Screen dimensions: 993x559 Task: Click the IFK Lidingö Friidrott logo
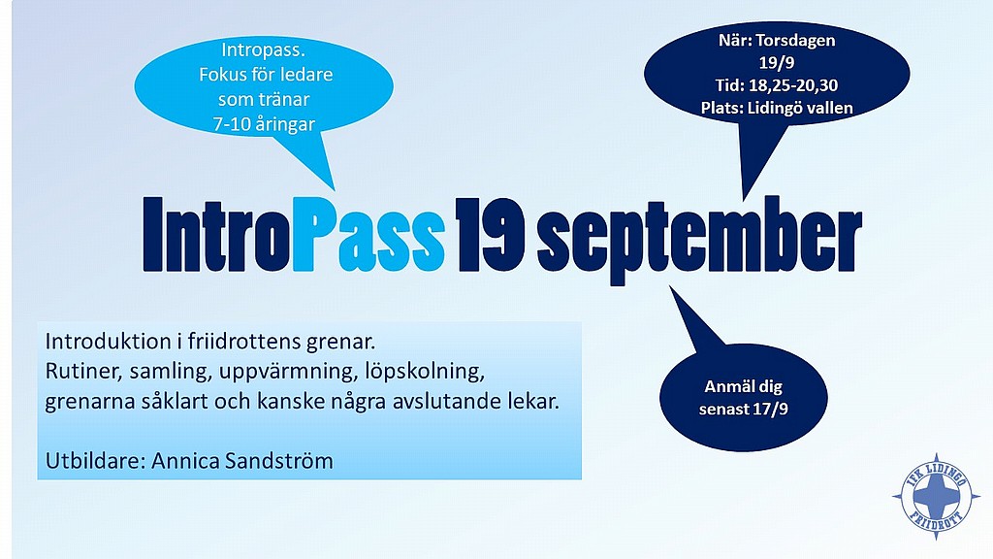tap(936, 496)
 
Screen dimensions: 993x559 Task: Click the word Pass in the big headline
tap(368, 235)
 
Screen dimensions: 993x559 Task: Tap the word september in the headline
tap(699, 240)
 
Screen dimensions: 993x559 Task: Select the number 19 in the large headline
tap(490, 235)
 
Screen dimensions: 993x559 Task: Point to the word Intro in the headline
tap(217, 235)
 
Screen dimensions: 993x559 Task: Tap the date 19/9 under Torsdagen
tap(777, 63)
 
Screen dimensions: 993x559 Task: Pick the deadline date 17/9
tap(771, 410)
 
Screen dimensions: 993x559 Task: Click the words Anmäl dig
tap(744, 386)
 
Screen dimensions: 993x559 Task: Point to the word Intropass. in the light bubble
tap(263, 50)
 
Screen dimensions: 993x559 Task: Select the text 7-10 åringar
tap(264, 124)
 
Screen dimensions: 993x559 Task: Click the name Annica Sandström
tap(241, 461)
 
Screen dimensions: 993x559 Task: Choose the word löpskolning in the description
tap(425, 372)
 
